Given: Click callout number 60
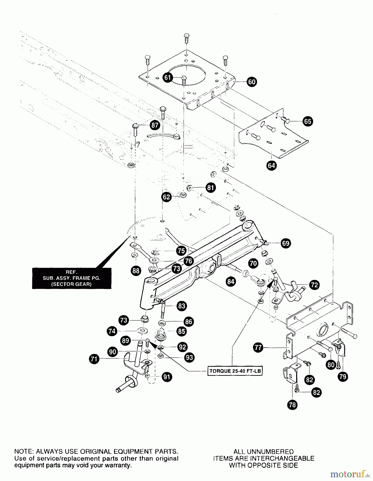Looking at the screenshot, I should pos(252,82).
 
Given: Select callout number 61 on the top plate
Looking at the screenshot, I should pos(167,78).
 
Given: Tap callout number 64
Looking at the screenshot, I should pos(271,165).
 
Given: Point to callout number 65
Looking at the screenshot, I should pos(308,121).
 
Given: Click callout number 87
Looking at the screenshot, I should pos(155,125).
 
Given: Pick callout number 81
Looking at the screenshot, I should pos(211,188).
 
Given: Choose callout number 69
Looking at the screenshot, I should pos(285,243).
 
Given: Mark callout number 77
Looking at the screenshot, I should pos(258,348).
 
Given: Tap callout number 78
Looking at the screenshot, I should pos(292,405).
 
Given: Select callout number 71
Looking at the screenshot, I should pos(94,359).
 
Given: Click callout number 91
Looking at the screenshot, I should pos(167,377).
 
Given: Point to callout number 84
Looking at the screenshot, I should pos(231,281).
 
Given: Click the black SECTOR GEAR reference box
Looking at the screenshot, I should pos(72,278).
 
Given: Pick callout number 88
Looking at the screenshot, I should pos(136,271).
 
